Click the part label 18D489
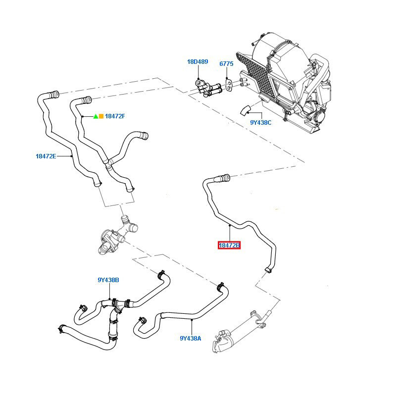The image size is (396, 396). (198, 62)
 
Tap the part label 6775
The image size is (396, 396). (226, 64)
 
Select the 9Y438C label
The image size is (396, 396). (260, 122)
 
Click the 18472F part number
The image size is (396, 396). (115, 116)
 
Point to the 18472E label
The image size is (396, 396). (46, 156)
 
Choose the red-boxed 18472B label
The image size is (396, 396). (230, 245)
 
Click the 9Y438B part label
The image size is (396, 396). (108, 280)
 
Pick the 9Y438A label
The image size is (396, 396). (191, 339)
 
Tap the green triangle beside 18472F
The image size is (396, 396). (96, 116)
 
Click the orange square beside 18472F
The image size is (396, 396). (101, 116)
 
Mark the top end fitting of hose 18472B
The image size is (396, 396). (224, 176)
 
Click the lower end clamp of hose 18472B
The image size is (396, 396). (268, 269)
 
